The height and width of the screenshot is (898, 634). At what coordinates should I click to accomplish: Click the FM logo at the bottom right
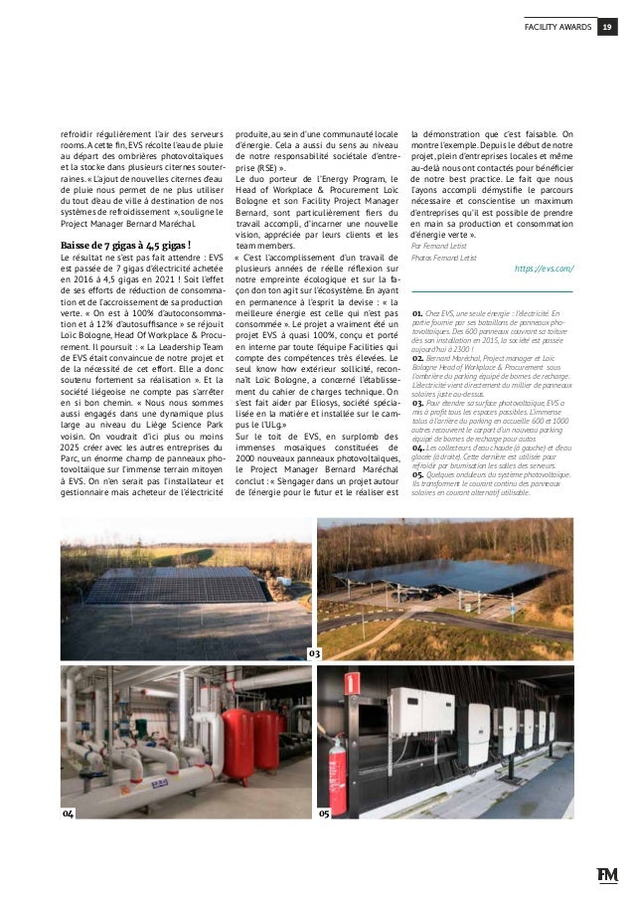pyautogui.click(x=607, y=874)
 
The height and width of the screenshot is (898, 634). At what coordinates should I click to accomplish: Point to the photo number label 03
pyautogui.click(x=313, y=653)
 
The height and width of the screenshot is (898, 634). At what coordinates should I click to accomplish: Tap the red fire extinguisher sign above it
pyautogui.click(x=350, y=683)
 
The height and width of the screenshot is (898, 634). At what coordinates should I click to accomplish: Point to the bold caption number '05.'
pyautogui.click(x=418, y=475)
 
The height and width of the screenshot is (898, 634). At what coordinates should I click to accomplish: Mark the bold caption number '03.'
pyautogui.click(x=418, y=403)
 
